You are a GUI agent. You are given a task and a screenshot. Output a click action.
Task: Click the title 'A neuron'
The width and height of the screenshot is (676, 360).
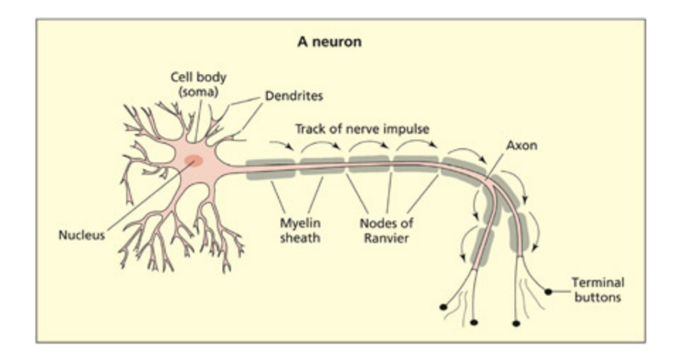click(x=329, y=42)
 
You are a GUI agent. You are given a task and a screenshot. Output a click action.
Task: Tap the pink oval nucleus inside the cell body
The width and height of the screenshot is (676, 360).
click(x=193, y=161)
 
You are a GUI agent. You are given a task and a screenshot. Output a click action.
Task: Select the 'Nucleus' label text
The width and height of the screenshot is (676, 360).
click(x=81, y=235)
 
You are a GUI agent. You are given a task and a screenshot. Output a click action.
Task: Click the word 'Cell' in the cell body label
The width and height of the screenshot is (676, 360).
click(x=181, y=77)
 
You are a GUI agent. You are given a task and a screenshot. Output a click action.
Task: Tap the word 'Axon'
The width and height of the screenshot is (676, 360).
click(x=522, y=145)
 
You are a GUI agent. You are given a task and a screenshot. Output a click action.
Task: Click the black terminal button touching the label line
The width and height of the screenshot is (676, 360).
click(x=548, y=291)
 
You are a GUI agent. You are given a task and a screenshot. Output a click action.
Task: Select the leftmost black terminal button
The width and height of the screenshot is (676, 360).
click(x=444, y=307)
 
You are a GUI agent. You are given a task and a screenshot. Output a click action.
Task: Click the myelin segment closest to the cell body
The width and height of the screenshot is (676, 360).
click(x=270, y=169)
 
